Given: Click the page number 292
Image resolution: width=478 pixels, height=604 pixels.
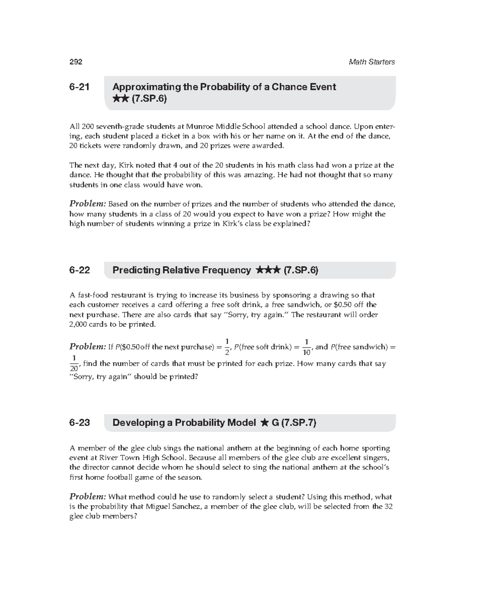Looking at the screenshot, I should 76,62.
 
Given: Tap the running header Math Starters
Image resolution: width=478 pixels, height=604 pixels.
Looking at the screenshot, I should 371,62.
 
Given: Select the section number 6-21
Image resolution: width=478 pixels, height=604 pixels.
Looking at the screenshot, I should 79,87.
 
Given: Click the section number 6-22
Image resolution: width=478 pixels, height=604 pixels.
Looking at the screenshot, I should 79,270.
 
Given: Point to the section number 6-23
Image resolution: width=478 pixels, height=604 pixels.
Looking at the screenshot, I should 79,423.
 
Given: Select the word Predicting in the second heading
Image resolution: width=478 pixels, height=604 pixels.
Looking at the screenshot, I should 133,270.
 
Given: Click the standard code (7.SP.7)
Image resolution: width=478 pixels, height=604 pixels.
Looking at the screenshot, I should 298,423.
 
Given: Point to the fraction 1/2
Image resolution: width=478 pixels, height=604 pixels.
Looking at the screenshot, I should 227,347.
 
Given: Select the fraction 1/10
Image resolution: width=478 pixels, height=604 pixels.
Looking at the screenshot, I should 306,347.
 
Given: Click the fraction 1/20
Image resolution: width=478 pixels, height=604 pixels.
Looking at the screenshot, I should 74,364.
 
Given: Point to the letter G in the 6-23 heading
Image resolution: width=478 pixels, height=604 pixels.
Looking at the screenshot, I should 275,423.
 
